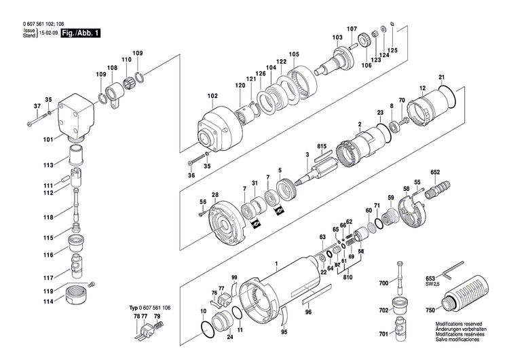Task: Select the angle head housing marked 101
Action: pyautogui.click(x=77, y=116)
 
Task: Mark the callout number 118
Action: pyautogui.click(x=47, y=217)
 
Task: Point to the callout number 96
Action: pyautogui.click(x=308, y=312)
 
